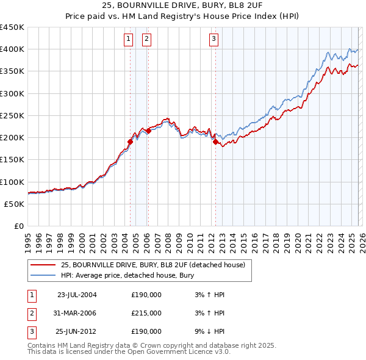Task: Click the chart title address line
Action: pyautogui.click(x=182, y=6)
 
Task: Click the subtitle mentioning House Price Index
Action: pyautogui.click(x=182, y=16)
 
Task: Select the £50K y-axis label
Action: pyautogui.click(x=15, y=204)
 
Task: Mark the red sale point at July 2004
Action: pyautogui.click(x=130, y=142)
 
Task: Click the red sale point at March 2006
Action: pyautogui.click(x=148, y=131)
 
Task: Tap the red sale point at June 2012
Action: pyautogui.click(x=215, y=142)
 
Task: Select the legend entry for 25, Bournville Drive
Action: pyautogui.click(x=152, y=265)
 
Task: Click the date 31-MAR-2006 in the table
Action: pyautogui.click(x=76, y=313)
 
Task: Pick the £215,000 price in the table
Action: pyautogui.click(x=146, y=313)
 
